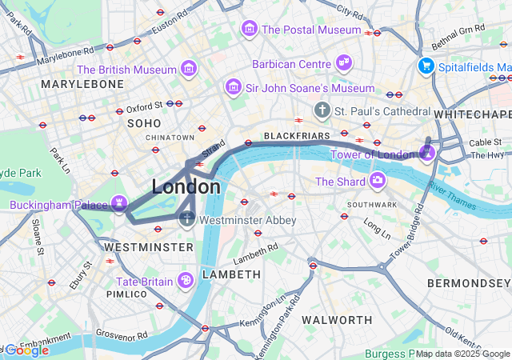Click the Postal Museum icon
point(250,30)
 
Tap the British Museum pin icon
point(189,70)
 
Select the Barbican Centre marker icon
point(344,63)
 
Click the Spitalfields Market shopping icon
point(426,66)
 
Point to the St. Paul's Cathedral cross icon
point(322,110)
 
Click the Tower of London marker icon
point(428,150)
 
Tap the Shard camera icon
point(376,182)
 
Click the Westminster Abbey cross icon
point(187,218)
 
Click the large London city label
point(186,187)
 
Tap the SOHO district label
point(143,123)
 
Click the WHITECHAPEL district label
point(472,115)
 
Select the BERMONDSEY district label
point(468,283)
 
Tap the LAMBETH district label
point(231,274)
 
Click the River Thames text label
point(452,196)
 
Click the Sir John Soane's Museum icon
point(234,86)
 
